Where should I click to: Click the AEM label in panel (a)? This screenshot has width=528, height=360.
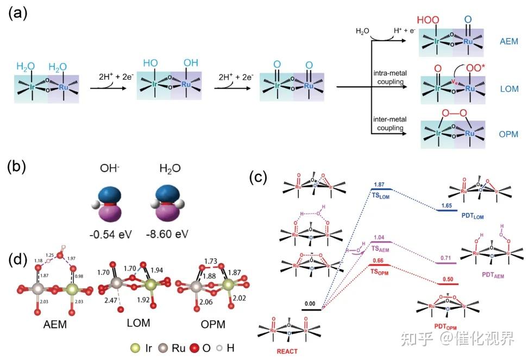[510, 41]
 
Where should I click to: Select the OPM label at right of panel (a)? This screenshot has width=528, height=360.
[510, 134]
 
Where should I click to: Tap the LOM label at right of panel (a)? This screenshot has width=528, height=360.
[510, 87]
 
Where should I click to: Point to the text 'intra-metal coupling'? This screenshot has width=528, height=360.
[387, 78]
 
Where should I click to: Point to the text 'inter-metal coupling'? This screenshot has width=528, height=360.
[387, 123]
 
